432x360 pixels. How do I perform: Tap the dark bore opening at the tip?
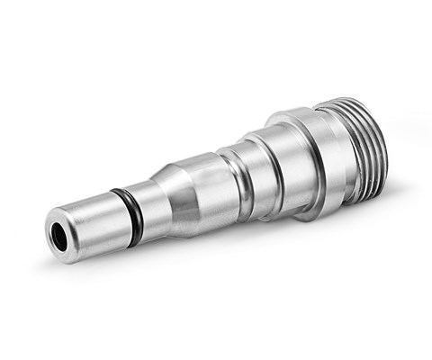click(x=60, y=230)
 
